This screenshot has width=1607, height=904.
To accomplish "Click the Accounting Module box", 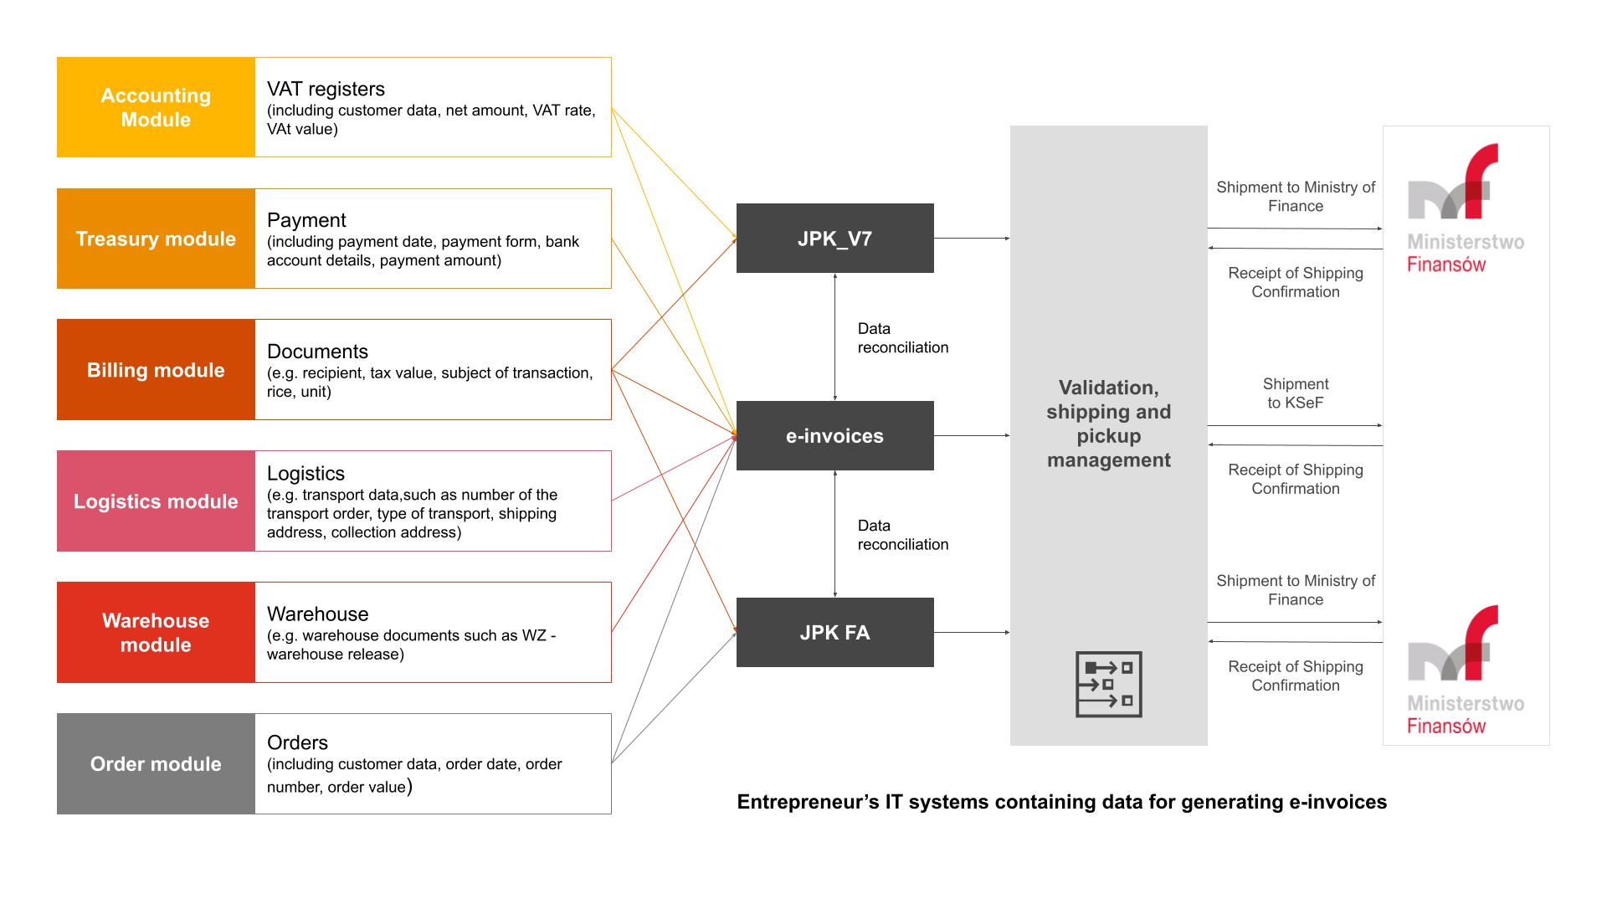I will click(156, 107).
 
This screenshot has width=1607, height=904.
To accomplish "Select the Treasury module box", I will click(156, 239).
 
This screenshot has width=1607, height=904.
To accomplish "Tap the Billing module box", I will click(156, 370).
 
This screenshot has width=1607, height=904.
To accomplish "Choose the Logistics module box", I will click(156, 501).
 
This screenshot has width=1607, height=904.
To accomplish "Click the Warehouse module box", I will click(156, 632).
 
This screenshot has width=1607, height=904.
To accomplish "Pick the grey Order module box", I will click(156, 763).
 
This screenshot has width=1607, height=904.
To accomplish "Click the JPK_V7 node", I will click(834, 239).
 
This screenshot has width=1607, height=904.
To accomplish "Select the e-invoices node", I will click(834, 435).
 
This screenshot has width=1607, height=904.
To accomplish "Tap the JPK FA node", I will click(834, 632).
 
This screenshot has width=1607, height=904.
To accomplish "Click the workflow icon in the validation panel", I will click(1108, 684).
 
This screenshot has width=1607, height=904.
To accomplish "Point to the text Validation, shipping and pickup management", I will click(1108, 424).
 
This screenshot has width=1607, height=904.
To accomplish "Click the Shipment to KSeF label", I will click(1295, 393).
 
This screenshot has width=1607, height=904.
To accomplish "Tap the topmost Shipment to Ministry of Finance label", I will click(1295, 197).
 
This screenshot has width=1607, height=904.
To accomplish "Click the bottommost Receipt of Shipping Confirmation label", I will click(1295, 675).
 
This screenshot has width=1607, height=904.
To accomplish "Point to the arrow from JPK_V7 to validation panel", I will click(971, 239).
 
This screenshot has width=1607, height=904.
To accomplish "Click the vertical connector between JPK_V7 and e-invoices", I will click(834, 336).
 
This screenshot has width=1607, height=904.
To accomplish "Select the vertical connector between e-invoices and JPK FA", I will click(834, 534).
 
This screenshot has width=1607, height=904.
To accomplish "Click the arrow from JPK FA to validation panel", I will click(971, 632).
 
